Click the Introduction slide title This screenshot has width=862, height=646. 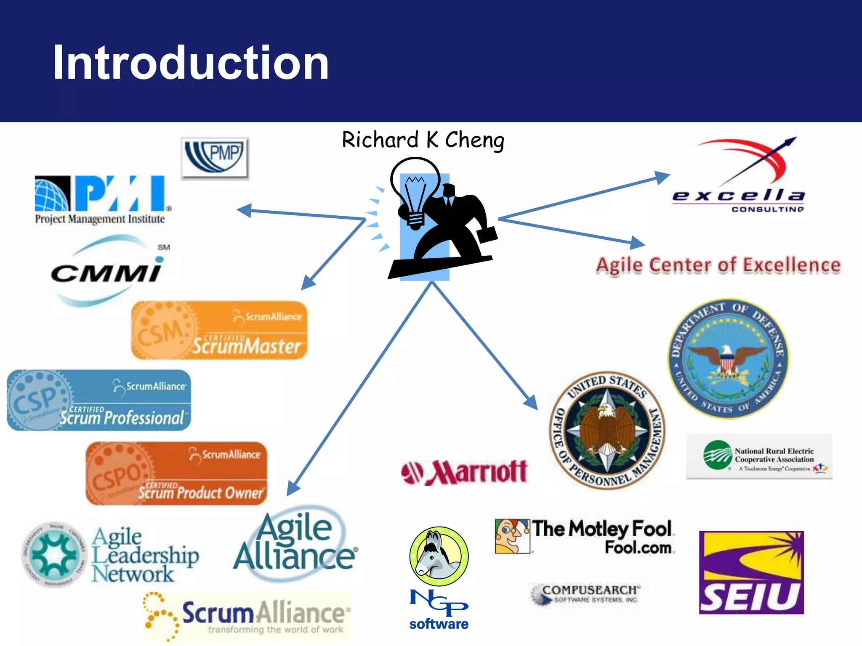[x=190, y=63]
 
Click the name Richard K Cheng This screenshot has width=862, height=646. [x=423, y=140]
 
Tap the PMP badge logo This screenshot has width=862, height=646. [x=215, y=158]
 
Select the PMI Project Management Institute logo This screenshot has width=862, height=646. [x=101, y=200]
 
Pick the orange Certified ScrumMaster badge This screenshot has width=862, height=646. [x=219, y=331]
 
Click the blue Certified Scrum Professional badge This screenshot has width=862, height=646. [x=99, y=400]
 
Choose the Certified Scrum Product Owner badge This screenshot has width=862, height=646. [x=177, y=474]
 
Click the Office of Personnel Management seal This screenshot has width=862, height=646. [x=607, y=430]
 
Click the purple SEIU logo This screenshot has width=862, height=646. [x=751, y=572]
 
